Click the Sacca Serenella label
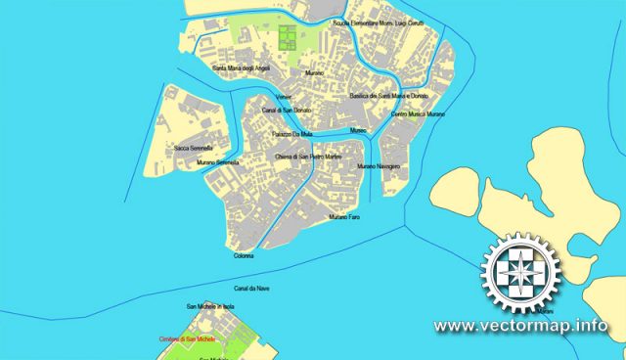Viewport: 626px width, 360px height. (194, 148)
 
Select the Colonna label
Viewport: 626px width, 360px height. (244, 255)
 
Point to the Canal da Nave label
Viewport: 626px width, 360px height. (251, 289)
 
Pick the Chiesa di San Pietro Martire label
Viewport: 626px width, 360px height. (307, 157)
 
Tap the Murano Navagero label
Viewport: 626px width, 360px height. (379, 167)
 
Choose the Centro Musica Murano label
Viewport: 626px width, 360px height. (418, 114)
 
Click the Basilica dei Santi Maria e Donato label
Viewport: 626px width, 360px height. (389, 96)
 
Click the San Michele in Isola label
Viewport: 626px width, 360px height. (209, 307)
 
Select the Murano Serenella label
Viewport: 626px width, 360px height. (217, 161)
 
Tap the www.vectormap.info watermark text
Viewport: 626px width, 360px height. (519, 326)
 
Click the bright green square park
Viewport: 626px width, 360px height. (288, 38)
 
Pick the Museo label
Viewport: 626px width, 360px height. (358, 130)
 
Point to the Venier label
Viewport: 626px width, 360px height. (284, 98)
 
